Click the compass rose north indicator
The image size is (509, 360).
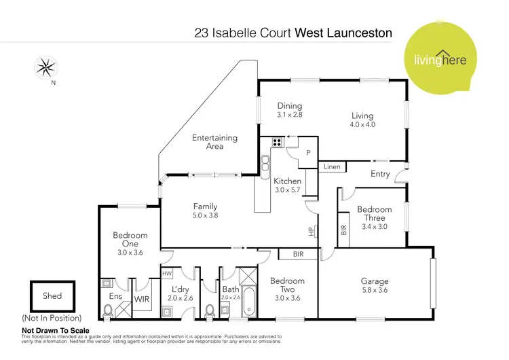click(x=46, y=67)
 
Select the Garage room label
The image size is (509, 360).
click(x=375, y=281)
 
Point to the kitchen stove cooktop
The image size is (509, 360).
click(x=276, y=143)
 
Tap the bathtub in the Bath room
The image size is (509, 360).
click(x=247, y=302)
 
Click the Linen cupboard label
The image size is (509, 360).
click(x=332, y=166)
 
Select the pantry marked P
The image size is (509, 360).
click(x=307, y=154)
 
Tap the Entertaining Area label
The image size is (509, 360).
click(x=214, y=142)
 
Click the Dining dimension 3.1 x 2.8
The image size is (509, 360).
click(x=289, y=115)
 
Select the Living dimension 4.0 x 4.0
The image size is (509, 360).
click(x=362, y=125)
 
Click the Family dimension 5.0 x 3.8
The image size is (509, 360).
click(x=205, y=215)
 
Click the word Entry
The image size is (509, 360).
click(x=380, y=174)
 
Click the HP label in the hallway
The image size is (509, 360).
click(x=311, y=232)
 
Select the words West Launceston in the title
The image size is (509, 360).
click(x=343, y=32)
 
